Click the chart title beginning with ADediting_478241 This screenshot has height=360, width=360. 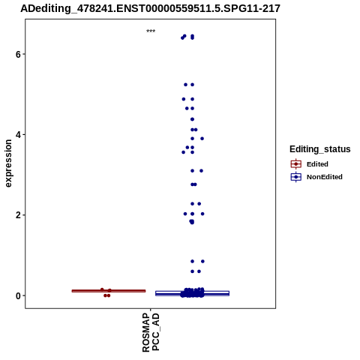click(150, 8)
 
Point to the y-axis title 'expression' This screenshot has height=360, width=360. click(8, 163)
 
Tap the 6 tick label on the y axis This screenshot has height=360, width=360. click(18, 54)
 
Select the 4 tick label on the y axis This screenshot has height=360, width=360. click(18, 135)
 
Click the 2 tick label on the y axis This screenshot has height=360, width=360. click(18, 215)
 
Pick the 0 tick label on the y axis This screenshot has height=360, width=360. click(18, 295)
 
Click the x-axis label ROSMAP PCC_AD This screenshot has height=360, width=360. click(151, 332)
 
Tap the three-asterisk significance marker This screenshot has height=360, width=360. click(151, 31)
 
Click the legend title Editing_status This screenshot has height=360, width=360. click(320, 149)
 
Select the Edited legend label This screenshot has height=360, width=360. click(317, 164)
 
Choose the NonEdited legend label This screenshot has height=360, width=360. click(325, 177)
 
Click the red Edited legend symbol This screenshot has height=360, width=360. click(296, 164)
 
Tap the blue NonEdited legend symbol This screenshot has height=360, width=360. click(296, 177)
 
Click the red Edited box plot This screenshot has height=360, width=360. click(109, 291)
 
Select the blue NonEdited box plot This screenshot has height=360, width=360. click(192, 293)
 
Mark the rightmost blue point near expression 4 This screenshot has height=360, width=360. click(202, 139)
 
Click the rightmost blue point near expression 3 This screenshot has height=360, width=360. click(201, 171)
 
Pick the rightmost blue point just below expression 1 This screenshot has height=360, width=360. click(202, 261)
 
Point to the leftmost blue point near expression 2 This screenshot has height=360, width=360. click(185, 214)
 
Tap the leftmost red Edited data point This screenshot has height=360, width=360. click(102, 289)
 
